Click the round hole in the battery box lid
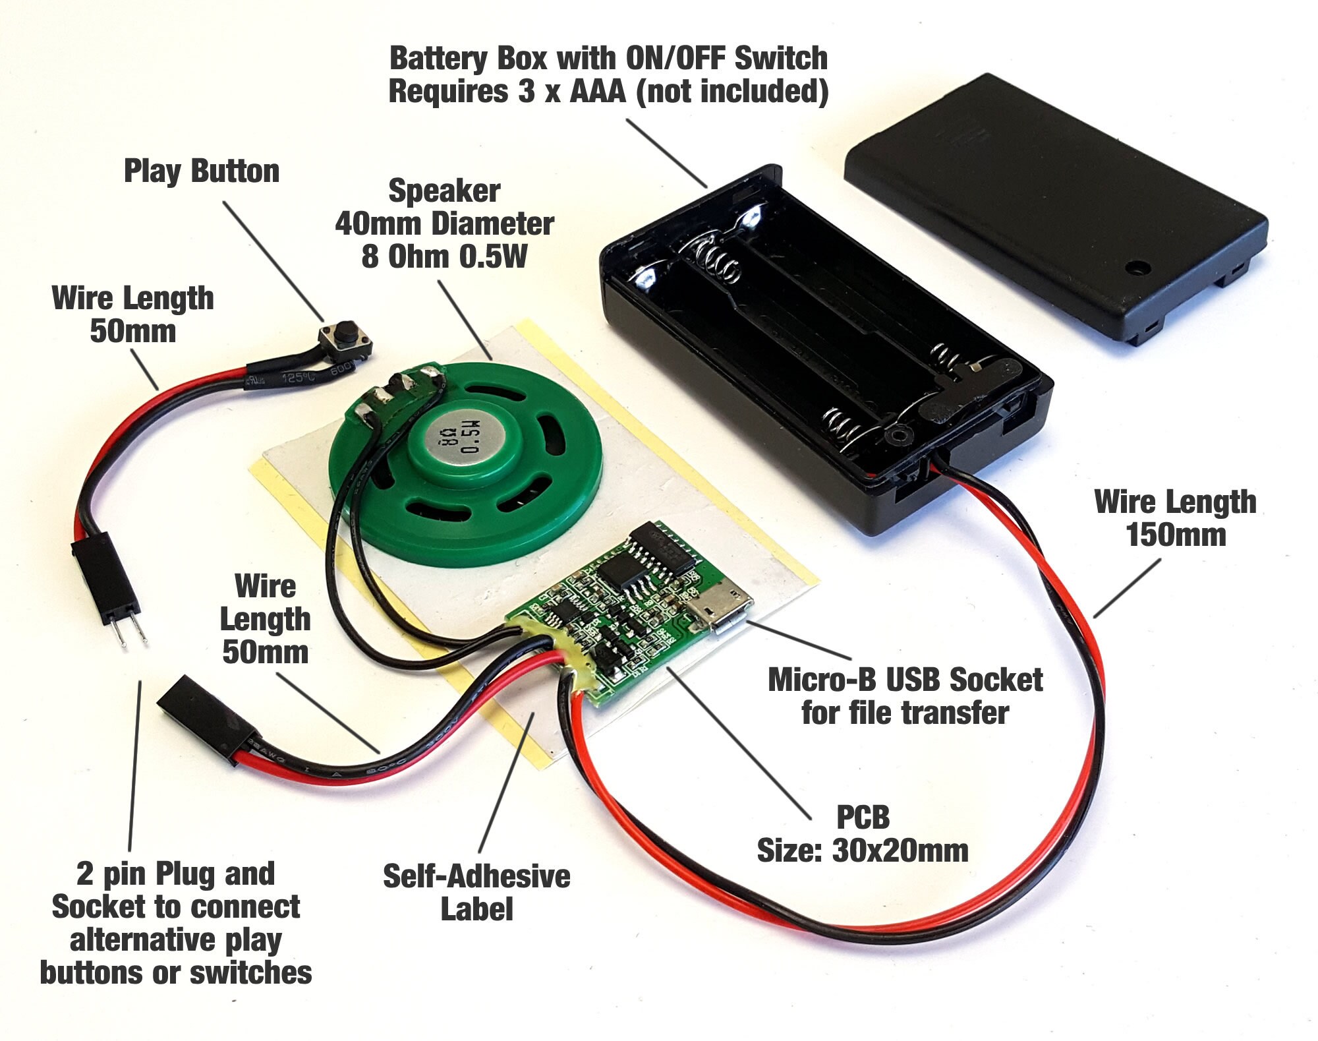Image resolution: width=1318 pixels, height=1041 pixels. pos(1136,268)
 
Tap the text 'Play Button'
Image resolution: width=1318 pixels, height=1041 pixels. pos(202,171)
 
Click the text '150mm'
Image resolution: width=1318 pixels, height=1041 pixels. pos(1175,534)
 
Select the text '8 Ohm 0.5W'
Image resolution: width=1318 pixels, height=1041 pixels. pos(444,256)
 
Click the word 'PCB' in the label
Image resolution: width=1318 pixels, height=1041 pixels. pos(862,818)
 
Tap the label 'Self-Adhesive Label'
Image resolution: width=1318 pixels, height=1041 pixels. pos(476,892)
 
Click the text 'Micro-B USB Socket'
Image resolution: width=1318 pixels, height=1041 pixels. pos(905,680)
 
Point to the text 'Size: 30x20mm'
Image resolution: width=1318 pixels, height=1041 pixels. pos(862,850)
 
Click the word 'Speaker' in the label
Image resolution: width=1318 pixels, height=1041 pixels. pos(444,191)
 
